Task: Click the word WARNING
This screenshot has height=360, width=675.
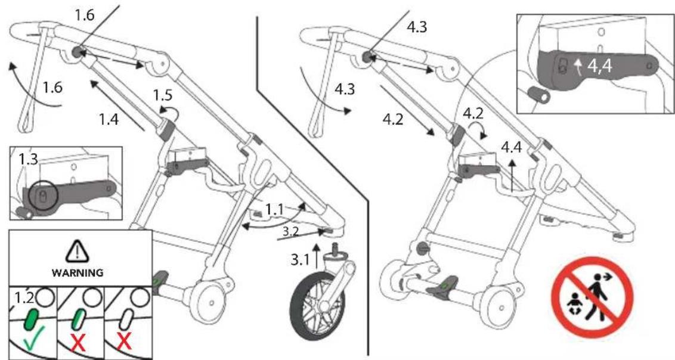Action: coord(78,273)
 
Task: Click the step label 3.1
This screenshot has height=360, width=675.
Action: coord(300,260)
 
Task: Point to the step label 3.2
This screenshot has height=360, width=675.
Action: coord(290,231)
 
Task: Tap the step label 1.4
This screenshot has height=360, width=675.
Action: coord(109,119)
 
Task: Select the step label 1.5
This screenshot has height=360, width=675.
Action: coord(163,95)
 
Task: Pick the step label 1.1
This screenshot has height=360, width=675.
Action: coord(275,209)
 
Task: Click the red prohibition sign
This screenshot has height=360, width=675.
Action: coord(592,297)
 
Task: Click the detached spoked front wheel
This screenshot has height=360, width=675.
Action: coord(318,306)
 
